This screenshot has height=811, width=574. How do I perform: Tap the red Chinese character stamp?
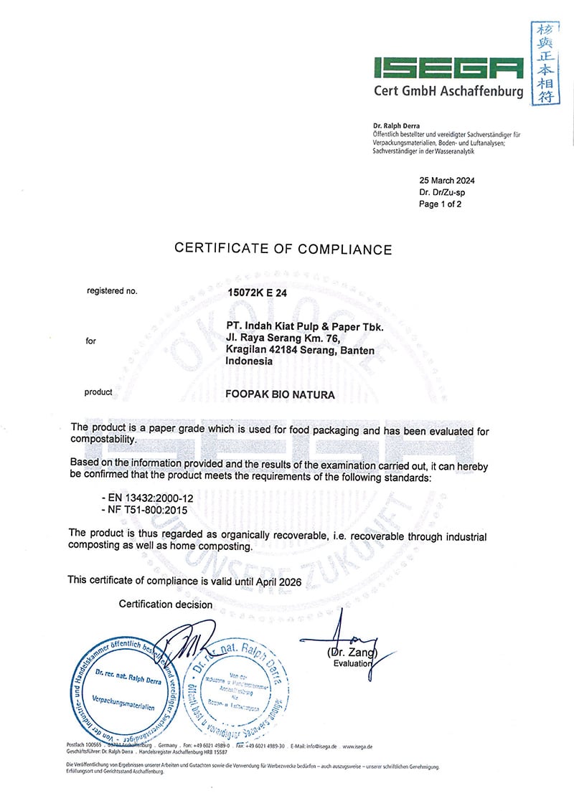tap(546, 63)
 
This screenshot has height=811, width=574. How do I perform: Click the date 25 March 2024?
tap(446, 181)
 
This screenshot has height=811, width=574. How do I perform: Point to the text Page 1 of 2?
tap(440, 204)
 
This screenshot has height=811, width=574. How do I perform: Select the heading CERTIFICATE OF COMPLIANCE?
tap(283, 250)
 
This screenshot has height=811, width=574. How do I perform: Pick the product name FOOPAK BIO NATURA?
tap(279, 394)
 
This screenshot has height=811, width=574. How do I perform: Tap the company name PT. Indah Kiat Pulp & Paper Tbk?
tap(304, 327)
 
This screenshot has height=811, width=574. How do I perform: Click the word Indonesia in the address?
tap(249, 361)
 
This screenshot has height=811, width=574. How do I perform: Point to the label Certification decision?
tap(166, 604)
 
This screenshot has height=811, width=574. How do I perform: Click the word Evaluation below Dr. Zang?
tap(353, 663)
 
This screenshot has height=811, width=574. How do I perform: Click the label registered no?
tap(111, 291)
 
